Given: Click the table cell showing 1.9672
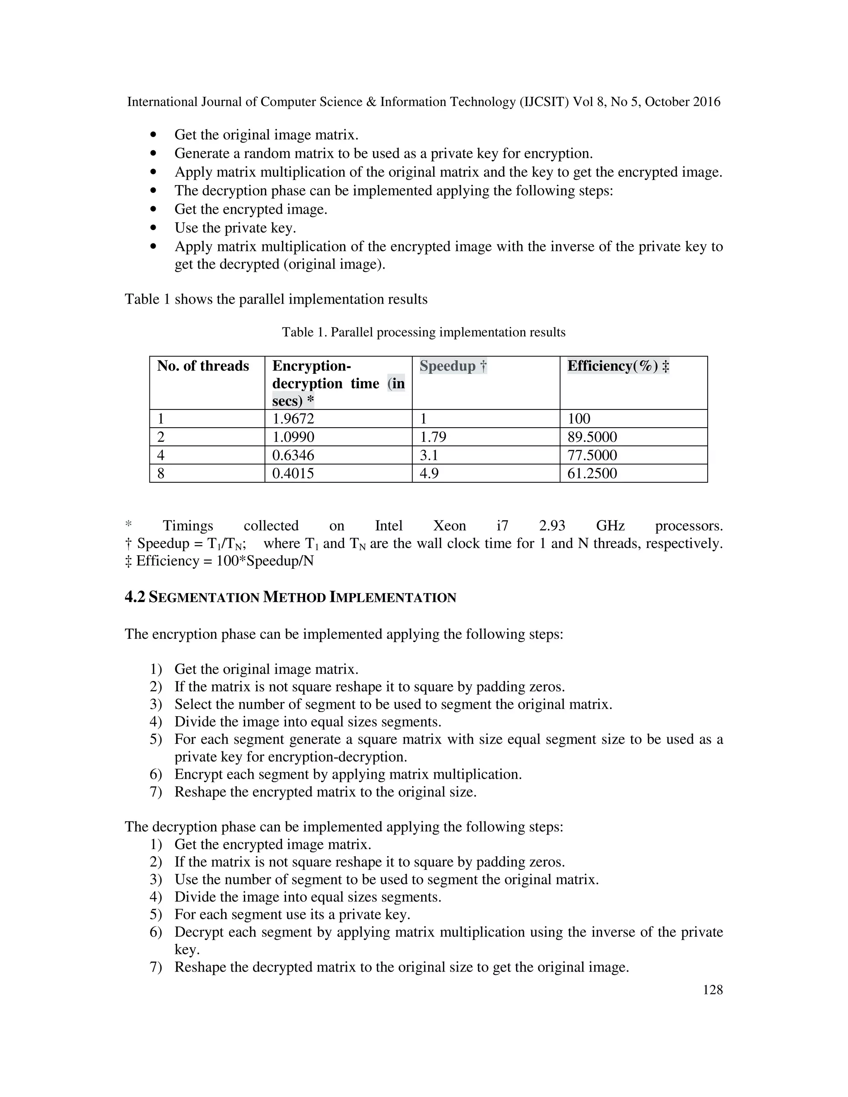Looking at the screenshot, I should [x=293, y=419].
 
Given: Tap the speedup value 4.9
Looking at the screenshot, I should [x=429, y=473].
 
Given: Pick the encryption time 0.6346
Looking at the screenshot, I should [x=293, y=455].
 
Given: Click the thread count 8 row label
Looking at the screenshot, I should [x=161, y=473].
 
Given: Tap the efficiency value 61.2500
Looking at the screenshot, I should [x=592, y=473].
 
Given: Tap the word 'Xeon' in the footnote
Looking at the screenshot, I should [x=449, y=526].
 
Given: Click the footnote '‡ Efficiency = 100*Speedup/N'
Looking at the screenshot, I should [x=219, y=561].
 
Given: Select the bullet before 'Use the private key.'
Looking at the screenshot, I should [x=153, y=228].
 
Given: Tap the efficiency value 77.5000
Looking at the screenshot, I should [x=592, y=455].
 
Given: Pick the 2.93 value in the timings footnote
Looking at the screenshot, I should [x=552, y=526].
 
